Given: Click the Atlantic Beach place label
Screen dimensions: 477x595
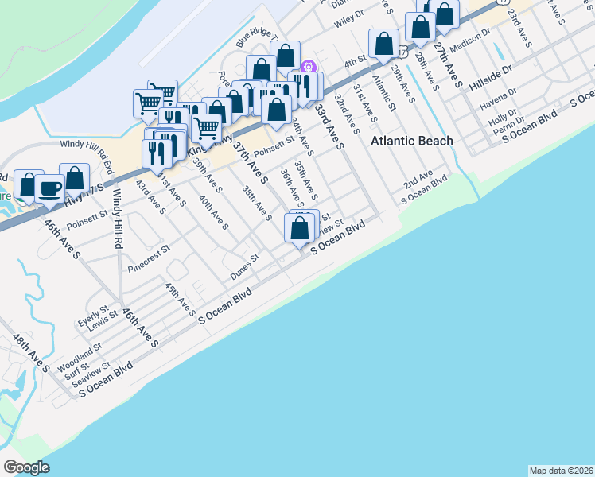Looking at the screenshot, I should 413,141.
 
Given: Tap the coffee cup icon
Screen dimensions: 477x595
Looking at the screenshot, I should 50,188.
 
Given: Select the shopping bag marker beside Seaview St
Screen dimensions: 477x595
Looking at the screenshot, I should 299,229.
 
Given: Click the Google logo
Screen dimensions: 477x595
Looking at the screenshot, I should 26,467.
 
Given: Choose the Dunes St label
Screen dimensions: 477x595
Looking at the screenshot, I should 245,266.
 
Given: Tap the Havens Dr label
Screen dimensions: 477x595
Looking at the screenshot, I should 500,101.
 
